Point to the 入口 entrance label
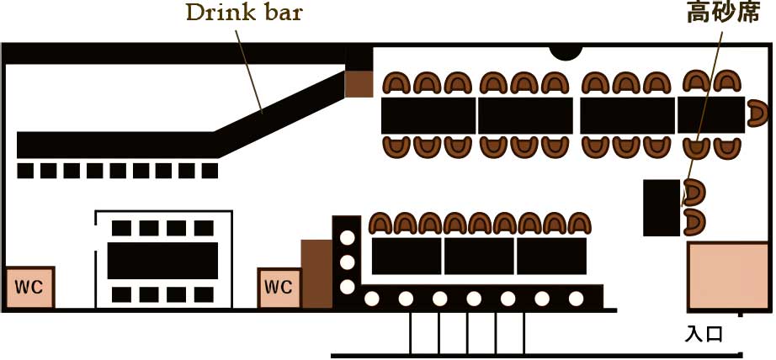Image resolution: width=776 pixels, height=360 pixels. [704, 334]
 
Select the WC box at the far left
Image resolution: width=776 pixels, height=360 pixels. [30, 287]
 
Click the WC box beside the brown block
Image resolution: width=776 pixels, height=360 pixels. [279, 287]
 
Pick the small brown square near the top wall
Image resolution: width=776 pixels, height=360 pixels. [359, 83]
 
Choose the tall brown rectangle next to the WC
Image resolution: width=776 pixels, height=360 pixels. [316, 273]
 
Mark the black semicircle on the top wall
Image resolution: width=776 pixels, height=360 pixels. [565, 50]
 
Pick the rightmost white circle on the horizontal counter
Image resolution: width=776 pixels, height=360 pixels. [576, 298]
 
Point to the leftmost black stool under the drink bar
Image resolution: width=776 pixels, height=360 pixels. [26, 171]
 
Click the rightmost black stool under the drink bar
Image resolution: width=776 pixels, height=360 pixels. [210, 171]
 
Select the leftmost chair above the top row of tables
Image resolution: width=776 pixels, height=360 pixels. [397, 83]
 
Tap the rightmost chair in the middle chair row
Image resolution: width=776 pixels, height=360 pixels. [579, 224]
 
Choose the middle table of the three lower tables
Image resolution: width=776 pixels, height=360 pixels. [479, 256]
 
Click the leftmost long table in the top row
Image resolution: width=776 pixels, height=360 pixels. [428, 115]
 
